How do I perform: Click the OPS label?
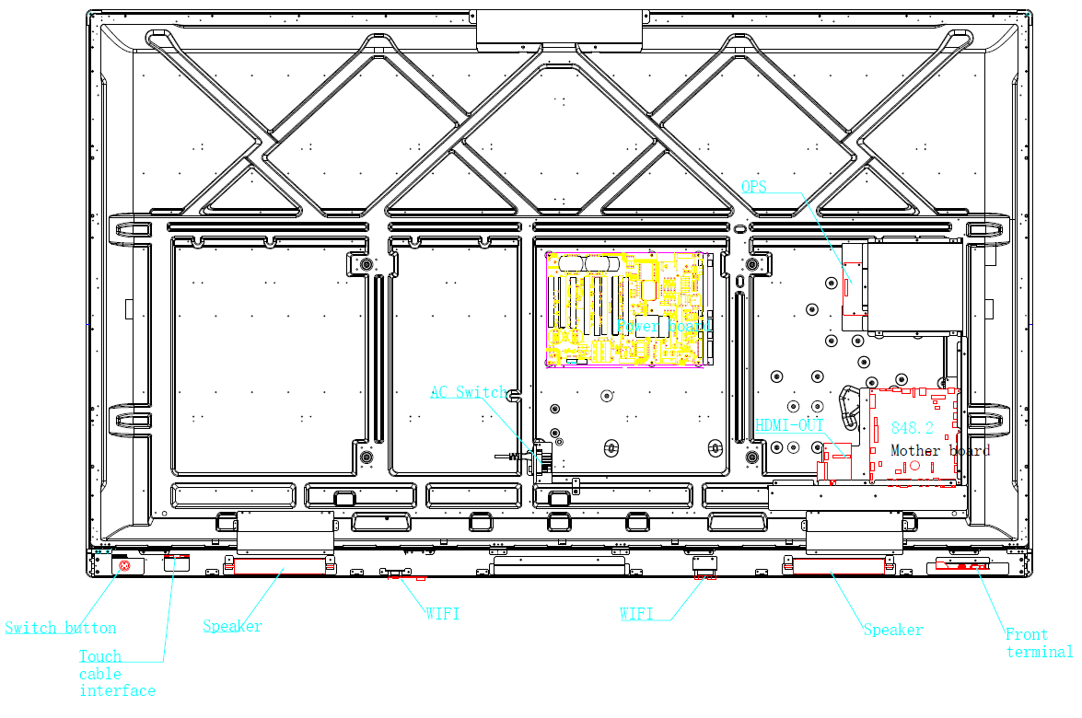coord(753,187)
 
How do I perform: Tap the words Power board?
coord(665,326)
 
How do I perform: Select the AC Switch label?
coord(469,393)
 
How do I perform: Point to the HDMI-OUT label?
coord(789,426)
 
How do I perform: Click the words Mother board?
coord(939,450)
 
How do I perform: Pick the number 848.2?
coord(912,428)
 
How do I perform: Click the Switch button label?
coord(61,629)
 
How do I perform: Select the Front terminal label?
coord(1038,643)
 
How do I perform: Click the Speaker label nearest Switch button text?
coord(232,627)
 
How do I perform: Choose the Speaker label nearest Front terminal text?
coord(892,630)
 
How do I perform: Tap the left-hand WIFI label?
coord(442,613)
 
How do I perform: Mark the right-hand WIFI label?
coord(635,613)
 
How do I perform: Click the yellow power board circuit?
coord(626,308)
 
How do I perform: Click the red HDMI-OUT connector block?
coord(837,451)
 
